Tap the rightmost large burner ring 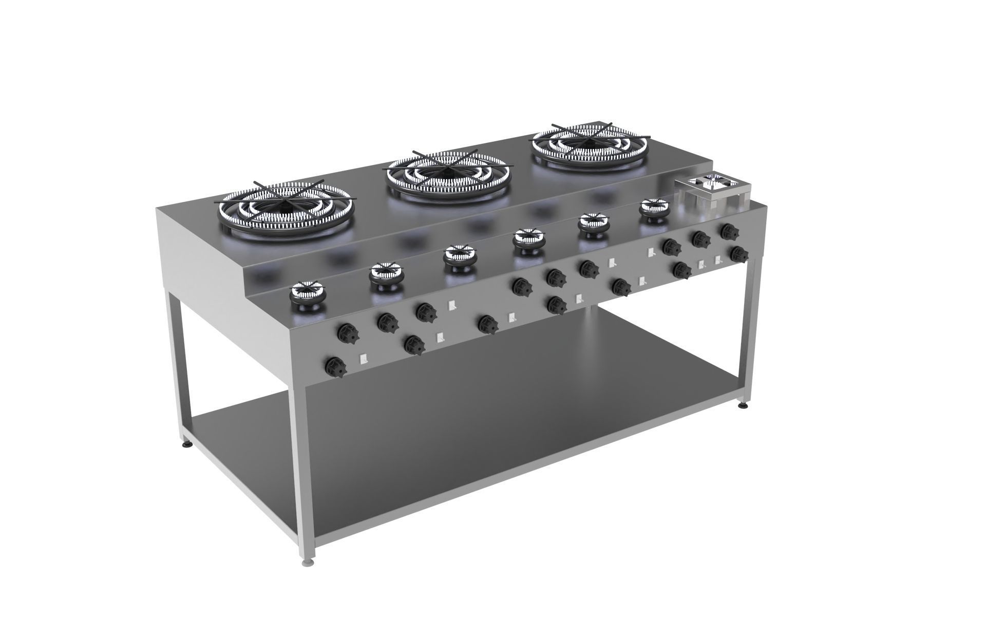(x=591, y=144)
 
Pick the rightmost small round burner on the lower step (x=653, y=211)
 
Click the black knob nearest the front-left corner (x=335, y=365)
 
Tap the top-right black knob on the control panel (x=728, y=231)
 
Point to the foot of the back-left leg (x=188, y=444)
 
